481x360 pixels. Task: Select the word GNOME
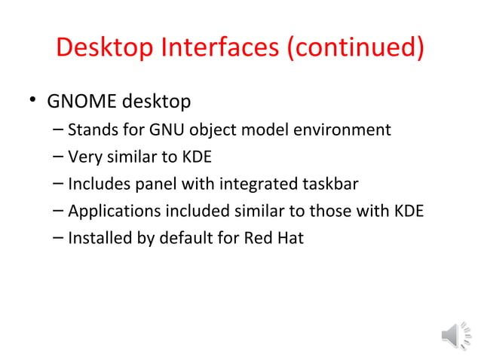click(x=79, y=100)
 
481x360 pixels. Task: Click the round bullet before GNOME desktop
click(x=31, y=101)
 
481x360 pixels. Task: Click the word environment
click(x=345, y=130)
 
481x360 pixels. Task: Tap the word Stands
click(x=91, y=130)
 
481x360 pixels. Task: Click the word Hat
click(x=290, y=239)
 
